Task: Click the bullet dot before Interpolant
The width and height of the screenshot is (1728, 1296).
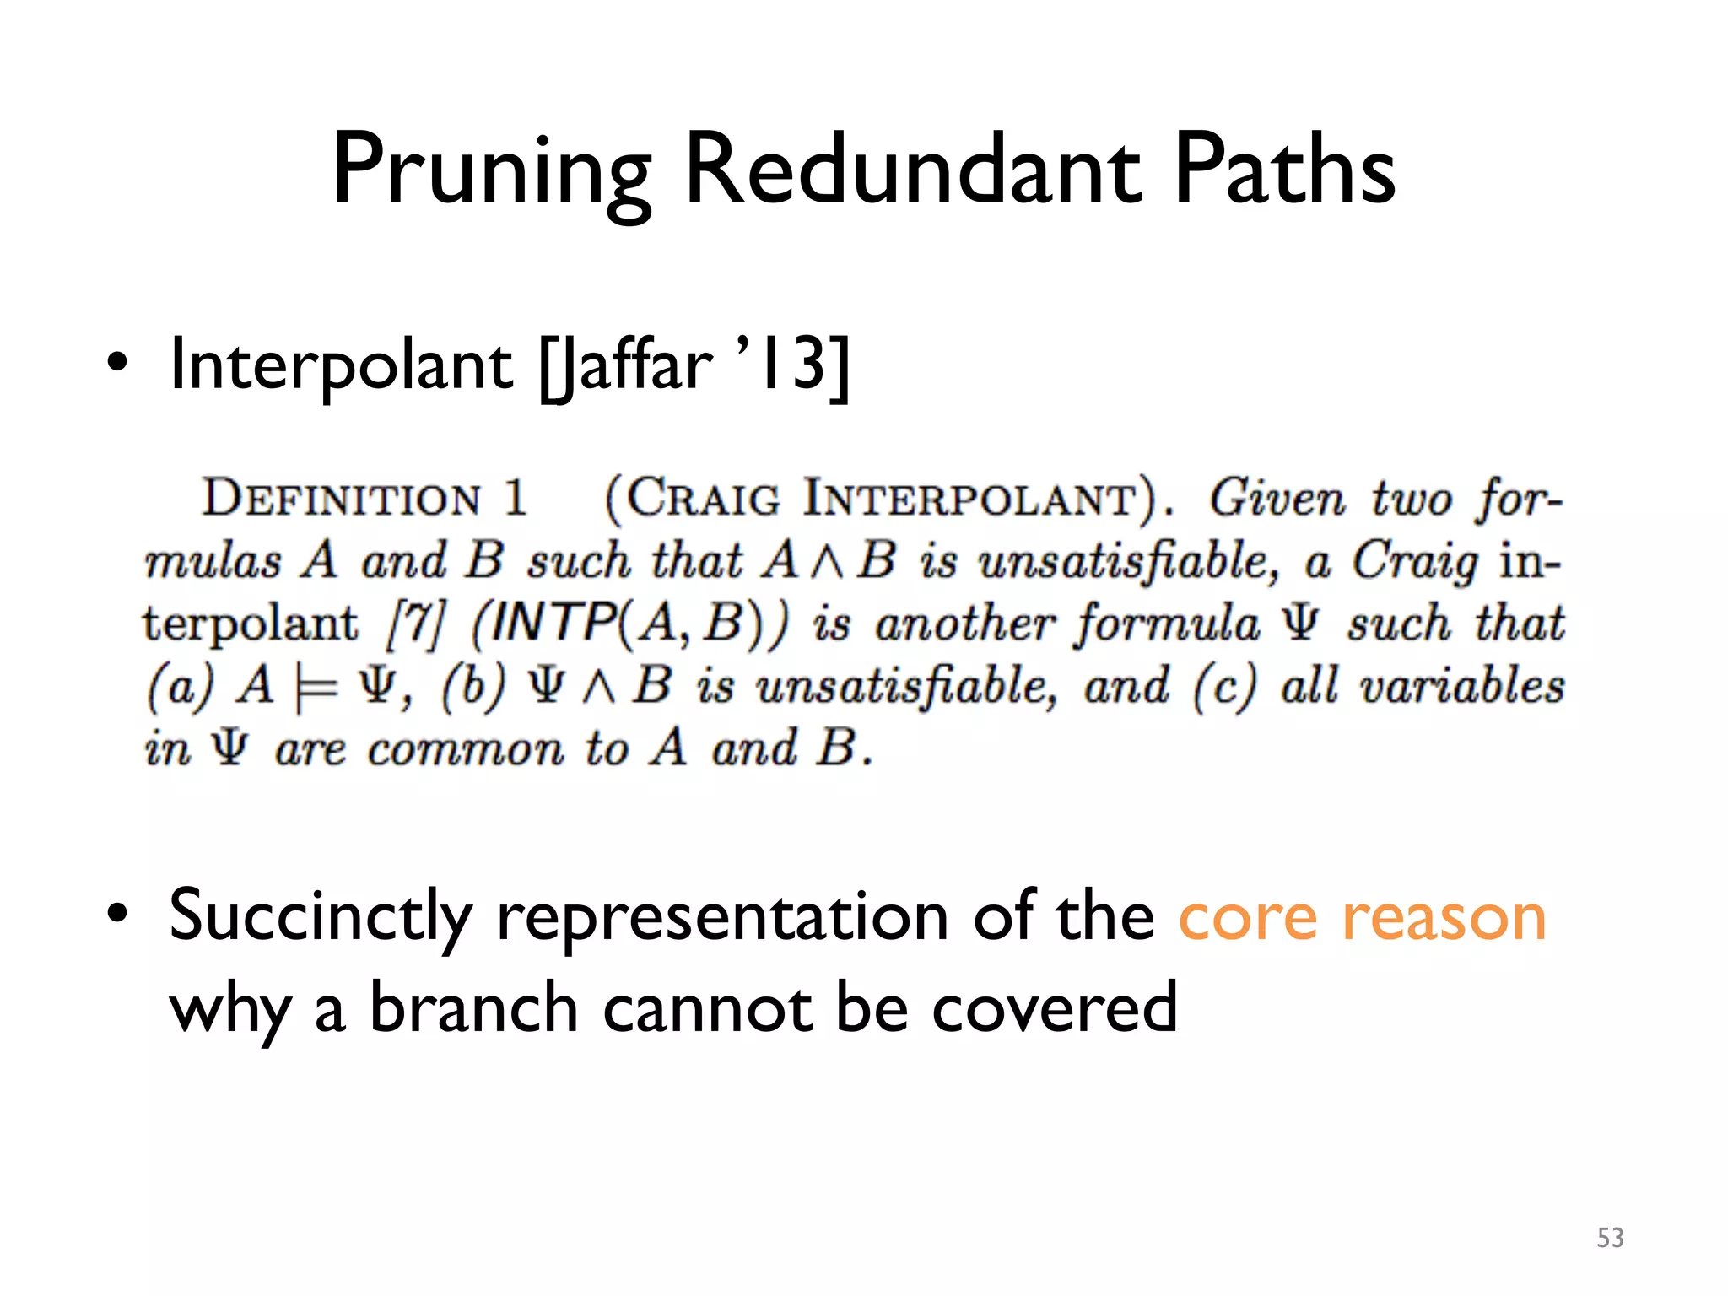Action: coord(118,364)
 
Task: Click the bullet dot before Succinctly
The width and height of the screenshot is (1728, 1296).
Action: coord(118,915)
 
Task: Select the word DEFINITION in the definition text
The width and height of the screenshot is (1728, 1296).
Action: coord(341,499)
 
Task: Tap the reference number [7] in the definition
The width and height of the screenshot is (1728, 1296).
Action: coord(414,625)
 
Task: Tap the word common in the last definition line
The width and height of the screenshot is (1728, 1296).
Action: coord(465,750)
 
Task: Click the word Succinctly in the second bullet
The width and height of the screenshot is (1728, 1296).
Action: coord(321,917)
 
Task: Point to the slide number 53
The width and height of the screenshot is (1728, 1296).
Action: coord(1610,1238)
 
